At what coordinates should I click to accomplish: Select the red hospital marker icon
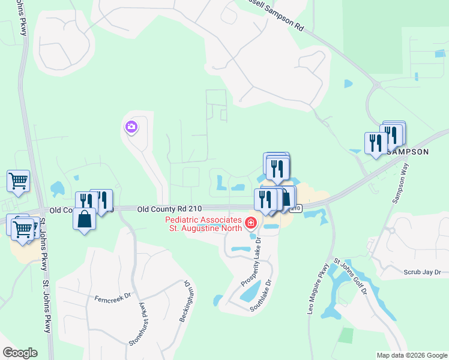point(250,224)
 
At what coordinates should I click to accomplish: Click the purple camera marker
point(131,127)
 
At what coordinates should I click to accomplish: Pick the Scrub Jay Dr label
point(423,271)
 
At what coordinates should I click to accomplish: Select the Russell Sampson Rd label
point(276,14)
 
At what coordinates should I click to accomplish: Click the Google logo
point(20,353)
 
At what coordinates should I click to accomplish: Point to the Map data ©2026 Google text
point(412,355)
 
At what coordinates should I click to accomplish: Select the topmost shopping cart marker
point(18,180)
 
